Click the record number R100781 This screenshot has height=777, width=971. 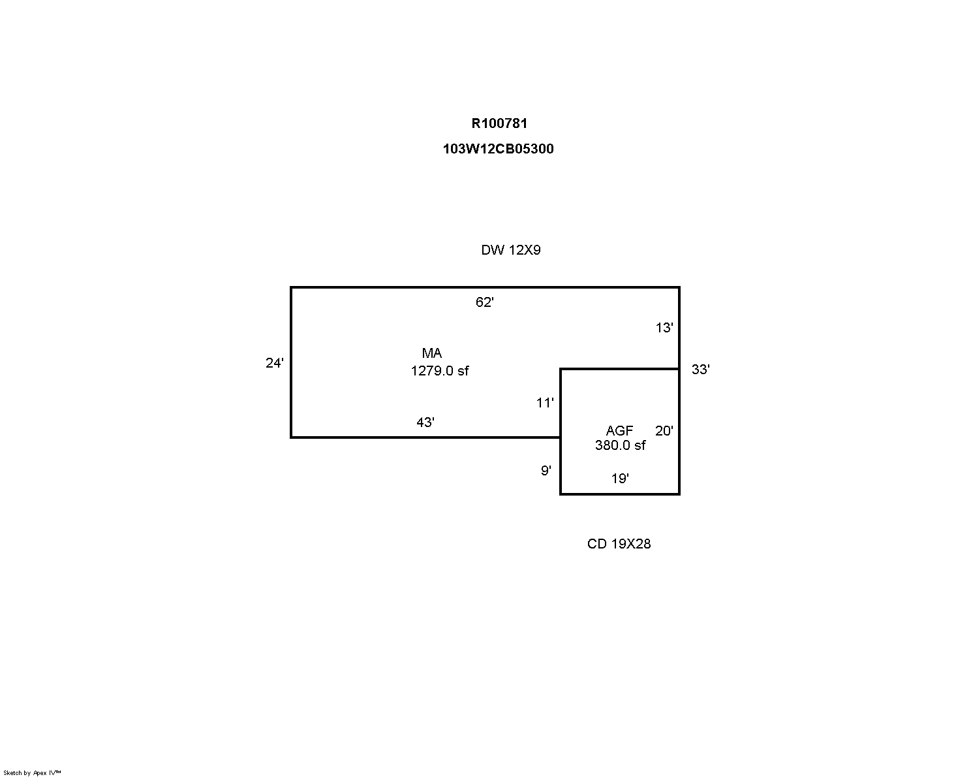(499, 123)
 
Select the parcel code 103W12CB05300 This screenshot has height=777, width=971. (498, 148)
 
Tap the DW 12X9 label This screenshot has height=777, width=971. (511, 250)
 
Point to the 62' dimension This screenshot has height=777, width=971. (485, 302)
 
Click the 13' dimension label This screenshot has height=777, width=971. (664, 328)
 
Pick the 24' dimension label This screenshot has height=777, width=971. (274, 363)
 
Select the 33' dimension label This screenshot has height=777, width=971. (701, 370)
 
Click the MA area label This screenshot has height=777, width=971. (432, 353)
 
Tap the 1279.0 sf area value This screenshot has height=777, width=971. (439, 371)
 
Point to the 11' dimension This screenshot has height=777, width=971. (545, 403)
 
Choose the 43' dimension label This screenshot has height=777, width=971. (425, 422)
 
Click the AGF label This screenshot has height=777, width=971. (619, 431)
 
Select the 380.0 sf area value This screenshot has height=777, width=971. (621, 445)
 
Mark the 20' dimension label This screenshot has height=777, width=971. (664, 431)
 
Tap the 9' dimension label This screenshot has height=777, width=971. (546, 471)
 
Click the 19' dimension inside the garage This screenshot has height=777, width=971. (620, 479)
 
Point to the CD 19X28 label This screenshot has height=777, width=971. (619, 544)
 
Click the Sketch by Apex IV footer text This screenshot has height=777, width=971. (32, 773)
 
